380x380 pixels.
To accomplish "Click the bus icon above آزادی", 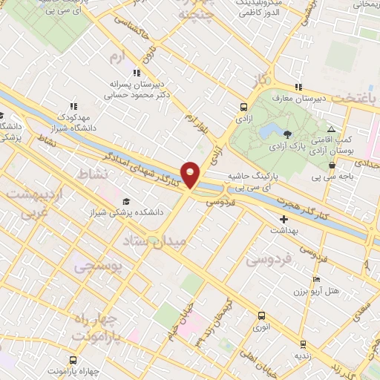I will (x=244, y=106).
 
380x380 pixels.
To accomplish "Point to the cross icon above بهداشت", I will (x=283, y=220).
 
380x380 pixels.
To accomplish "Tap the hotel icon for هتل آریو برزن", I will (x=317, y=280).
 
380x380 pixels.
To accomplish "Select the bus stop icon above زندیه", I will (x=302, y=344).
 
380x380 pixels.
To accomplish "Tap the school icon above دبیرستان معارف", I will (x=298, y=87).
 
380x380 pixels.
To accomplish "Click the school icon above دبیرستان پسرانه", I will (x=136, y=73).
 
